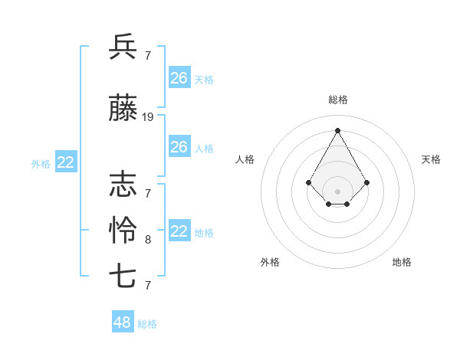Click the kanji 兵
point(123,47)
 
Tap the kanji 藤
point(123,110)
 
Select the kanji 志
point(123,184)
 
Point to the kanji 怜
point(123,230)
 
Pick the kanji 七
point(123,276)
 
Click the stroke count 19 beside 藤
point(148,117)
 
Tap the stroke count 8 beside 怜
point(148,240)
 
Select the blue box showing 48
point(123,322)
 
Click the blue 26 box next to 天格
point(179,77)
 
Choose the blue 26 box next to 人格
point(179,147)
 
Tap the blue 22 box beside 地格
point(179,231)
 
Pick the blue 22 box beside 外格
point(66,162)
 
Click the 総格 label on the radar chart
point(337,100)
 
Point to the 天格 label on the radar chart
point(431,159)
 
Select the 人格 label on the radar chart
point(245,159)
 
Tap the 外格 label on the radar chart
point(270,262)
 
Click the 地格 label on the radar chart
point(402,262)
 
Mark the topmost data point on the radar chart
point(337,130)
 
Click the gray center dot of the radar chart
point(337,191)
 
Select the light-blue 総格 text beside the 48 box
point(147,324)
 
